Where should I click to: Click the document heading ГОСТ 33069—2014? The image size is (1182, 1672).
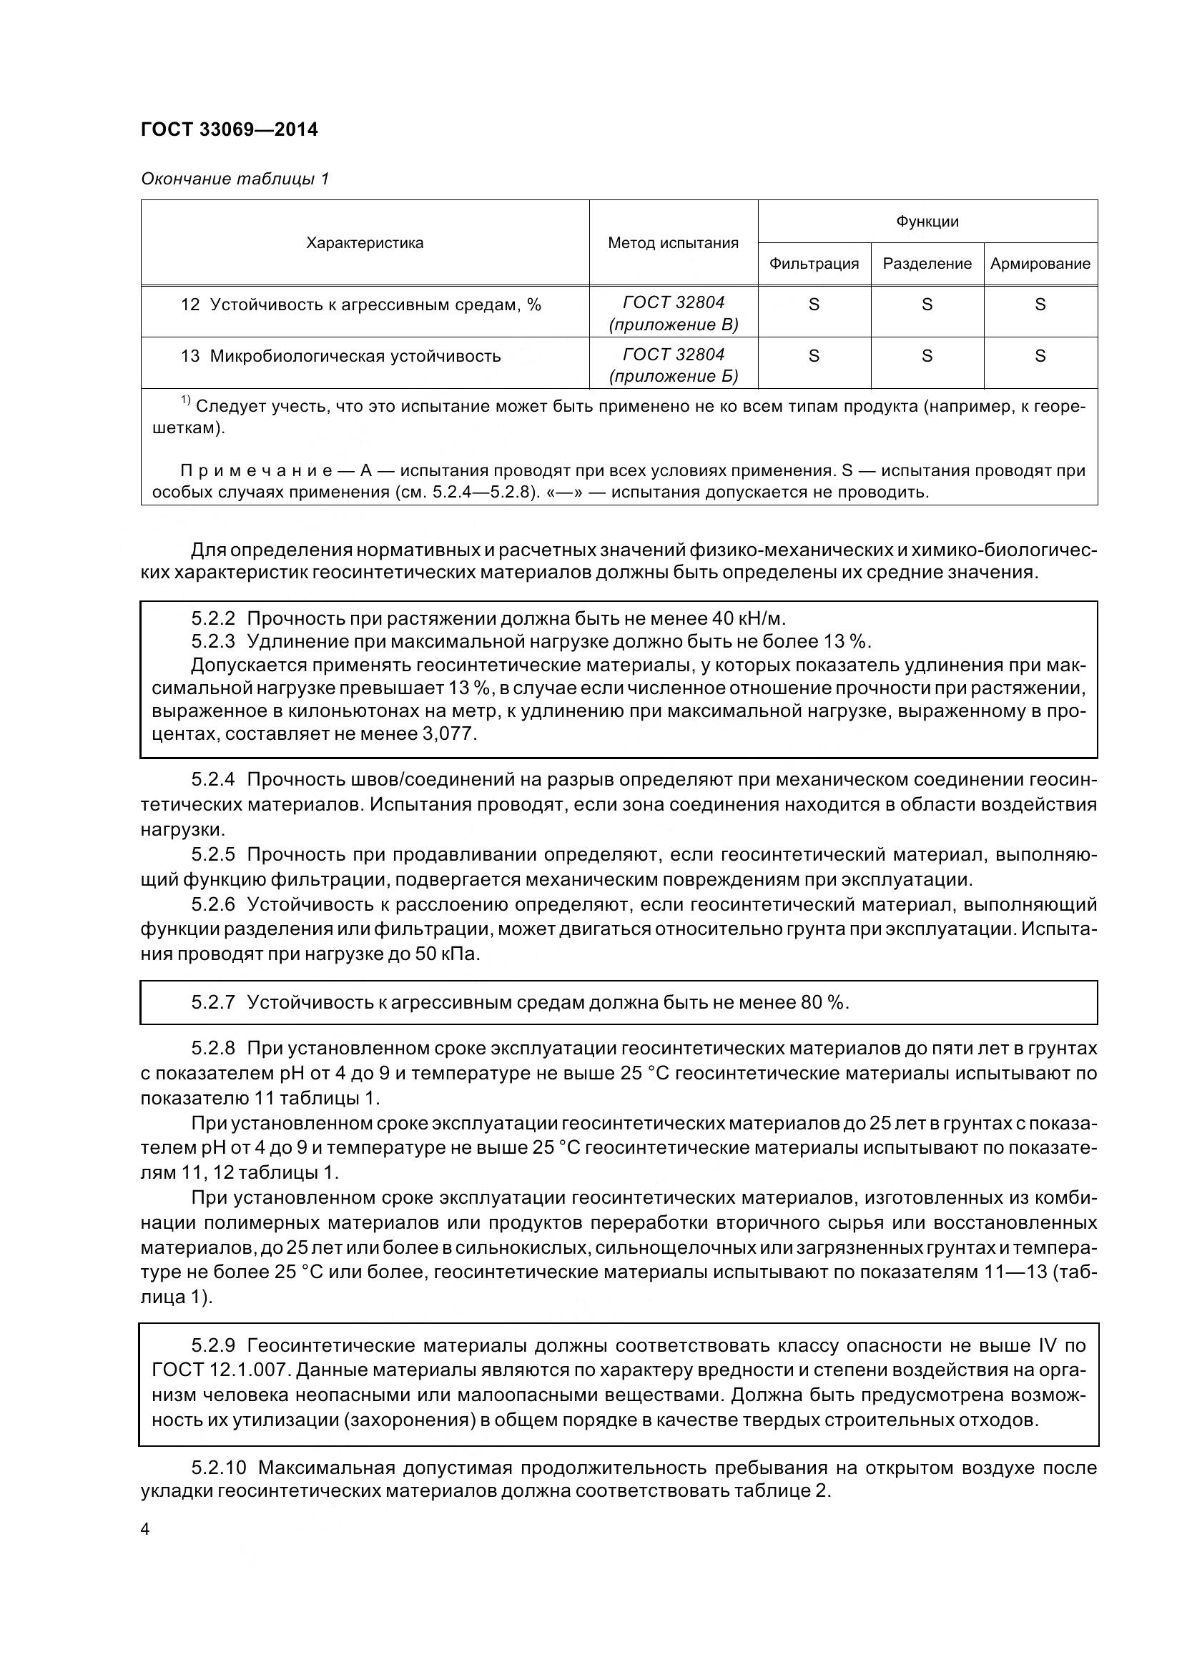tap(229, 129)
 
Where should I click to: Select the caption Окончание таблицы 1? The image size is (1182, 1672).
tap(235, 179)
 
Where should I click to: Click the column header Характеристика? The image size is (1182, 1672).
tap(364, 243)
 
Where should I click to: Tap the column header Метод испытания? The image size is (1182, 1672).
tap(672, 243)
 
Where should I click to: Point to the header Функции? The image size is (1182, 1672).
tap(927, 222)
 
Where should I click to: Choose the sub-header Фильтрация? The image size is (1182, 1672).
tap(814, 264)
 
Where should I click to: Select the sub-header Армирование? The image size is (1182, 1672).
tap(1039, 264)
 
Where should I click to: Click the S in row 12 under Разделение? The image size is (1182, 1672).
tap(927, 305)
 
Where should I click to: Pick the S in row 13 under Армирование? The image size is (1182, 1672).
tap(1039, 356)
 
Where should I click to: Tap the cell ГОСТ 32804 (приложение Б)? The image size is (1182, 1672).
tap(673, 365)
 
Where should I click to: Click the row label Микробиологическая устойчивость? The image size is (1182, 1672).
tap(355, 356)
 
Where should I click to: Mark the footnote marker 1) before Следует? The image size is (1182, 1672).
tap(185, 400)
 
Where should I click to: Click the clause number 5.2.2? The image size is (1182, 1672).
tap(212, 619)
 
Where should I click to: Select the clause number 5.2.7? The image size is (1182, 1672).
tap(212, 1003)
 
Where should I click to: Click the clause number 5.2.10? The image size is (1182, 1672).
tap(219, 1468)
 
